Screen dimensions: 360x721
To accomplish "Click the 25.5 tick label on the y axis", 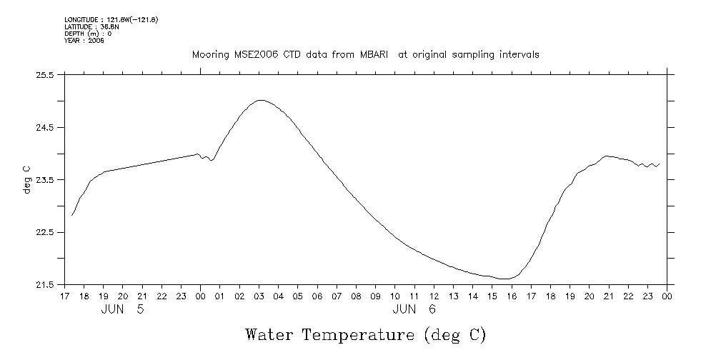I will (x=45, y=74).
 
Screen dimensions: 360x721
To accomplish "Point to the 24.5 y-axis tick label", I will (x=45, y=127).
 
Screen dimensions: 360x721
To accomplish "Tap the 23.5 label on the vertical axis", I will (x=45, y=180).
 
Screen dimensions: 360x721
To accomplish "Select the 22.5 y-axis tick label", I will (x=45, y=232).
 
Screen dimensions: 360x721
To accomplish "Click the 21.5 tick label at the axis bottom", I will (x=45, y=285).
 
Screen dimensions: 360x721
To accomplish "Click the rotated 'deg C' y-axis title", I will (x=26, y=179).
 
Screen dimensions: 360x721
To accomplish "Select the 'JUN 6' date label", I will (x=414, y=309).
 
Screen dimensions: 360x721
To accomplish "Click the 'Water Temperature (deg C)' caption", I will (x=366, y=334).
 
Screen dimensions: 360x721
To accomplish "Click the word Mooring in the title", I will (x=209, y=55).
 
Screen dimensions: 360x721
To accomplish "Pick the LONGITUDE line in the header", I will (x=111, y=19).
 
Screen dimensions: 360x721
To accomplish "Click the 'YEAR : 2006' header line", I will (x=84, y=41).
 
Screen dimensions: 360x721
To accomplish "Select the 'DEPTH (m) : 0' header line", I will (x=88, y=34).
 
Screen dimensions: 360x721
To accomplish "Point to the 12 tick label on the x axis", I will (x=434, y=296).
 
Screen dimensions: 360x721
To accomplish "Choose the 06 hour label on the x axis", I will (x=317, y=296).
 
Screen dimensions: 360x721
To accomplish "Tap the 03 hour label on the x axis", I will (x=259, y=296).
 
